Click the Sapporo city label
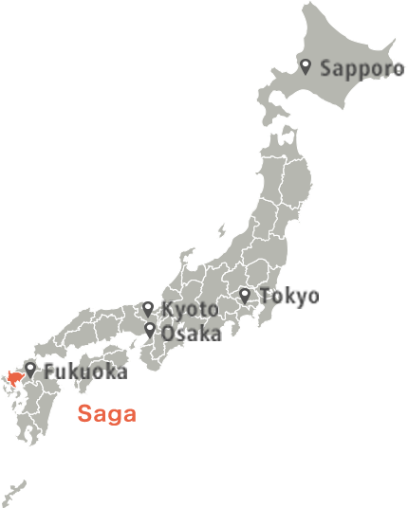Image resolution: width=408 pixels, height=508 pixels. coord(354,68)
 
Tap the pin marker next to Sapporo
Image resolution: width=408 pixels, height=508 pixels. coord(306,66)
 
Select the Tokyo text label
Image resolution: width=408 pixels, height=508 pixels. coord(288,297)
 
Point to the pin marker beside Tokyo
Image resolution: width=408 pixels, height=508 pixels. coord(245,296)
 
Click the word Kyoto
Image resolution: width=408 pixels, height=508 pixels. coord(190,310)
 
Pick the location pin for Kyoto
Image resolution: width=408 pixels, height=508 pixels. coord(148,308)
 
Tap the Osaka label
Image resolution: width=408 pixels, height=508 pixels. coord(191,333)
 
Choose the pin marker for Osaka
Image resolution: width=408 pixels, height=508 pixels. coord(150,330)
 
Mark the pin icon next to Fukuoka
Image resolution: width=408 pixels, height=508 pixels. coord(31,369)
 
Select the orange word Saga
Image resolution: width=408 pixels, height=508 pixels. coord(107,414)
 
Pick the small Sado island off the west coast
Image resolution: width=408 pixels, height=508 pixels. coord(221,230)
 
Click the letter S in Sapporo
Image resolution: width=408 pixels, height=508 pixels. coord(326,68)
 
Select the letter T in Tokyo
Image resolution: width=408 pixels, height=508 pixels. coord(265,297)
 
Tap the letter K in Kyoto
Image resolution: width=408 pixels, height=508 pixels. coord(167,310)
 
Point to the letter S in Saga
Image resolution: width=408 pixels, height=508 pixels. coord(84,414)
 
